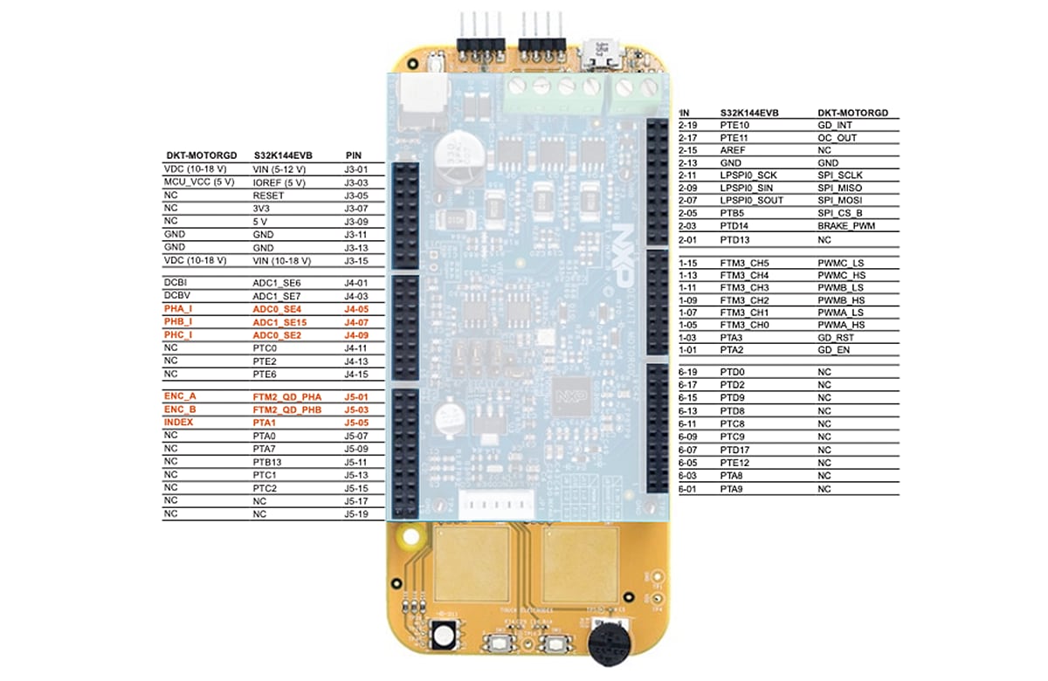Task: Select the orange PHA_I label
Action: pyautogui.click(x=178, y=309)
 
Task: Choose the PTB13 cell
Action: pyautogui.click(x=268, y=461)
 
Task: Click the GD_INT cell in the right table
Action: pyautogui.click(x=833, y=125)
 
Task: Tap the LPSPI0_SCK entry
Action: pyautogui.click(x=748, y=175)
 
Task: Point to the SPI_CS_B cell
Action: pyautogui.click(x=839, y=214)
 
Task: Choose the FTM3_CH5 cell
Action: pyautogui.click(x=745, y=263)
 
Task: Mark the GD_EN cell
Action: pyautogui.click(x=833, y=350)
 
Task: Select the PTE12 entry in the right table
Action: pyautogui.click(x=735, y=463)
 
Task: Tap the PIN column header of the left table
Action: pyautogui.click(x=355, y=155)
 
